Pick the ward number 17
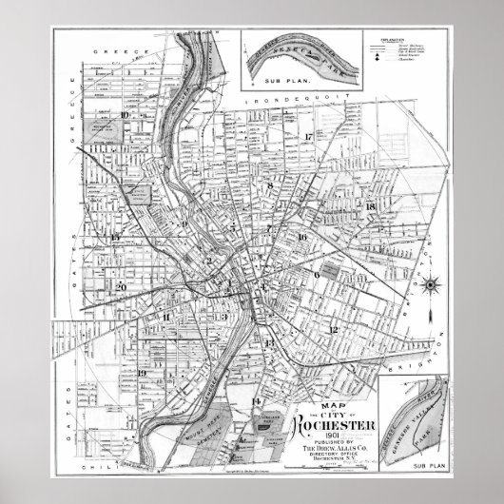[309, 137]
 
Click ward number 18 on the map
[371, 206]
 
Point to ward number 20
[120, 286]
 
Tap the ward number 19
[141, 374]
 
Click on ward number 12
[333, 329]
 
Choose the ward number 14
[255, 402]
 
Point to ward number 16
[301, 237]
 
